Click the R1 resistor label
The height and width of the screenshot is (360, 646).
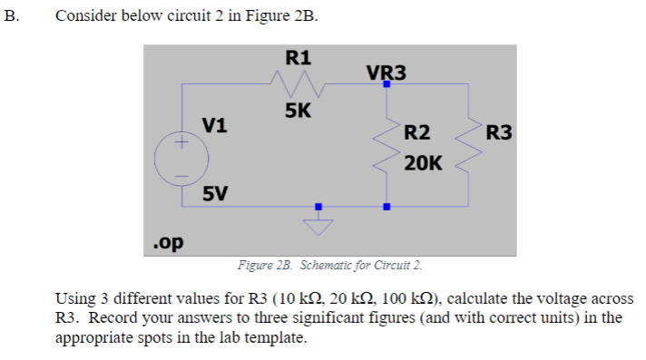point(299,57)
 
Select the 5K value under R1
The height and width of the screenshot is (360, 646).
point(299,112)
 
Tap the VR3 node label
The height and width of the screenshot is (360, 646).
point(386,73)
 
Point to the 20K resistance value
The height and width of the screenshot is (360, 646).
point(423,163)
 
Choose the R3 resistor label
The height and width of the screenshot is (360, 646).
point(499,134)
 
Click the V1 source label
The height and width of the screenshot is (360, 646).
point(215,124)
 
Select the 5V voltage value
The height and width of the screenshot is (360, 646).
point(215,193)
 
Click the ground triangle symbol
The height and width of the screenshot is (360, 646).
point(318,226)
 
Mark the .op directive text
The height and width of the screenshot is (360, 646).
point(168,243)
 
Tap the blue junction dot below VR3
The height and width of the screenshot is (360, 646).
point(387,84)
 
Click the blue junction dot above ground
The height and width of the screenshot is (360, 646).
point(318,206)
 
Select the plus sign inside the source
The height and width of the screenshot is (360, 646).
point(181,143)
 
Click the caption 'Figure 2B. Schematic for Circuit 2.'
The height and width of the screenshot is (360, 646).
point(329,266)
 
